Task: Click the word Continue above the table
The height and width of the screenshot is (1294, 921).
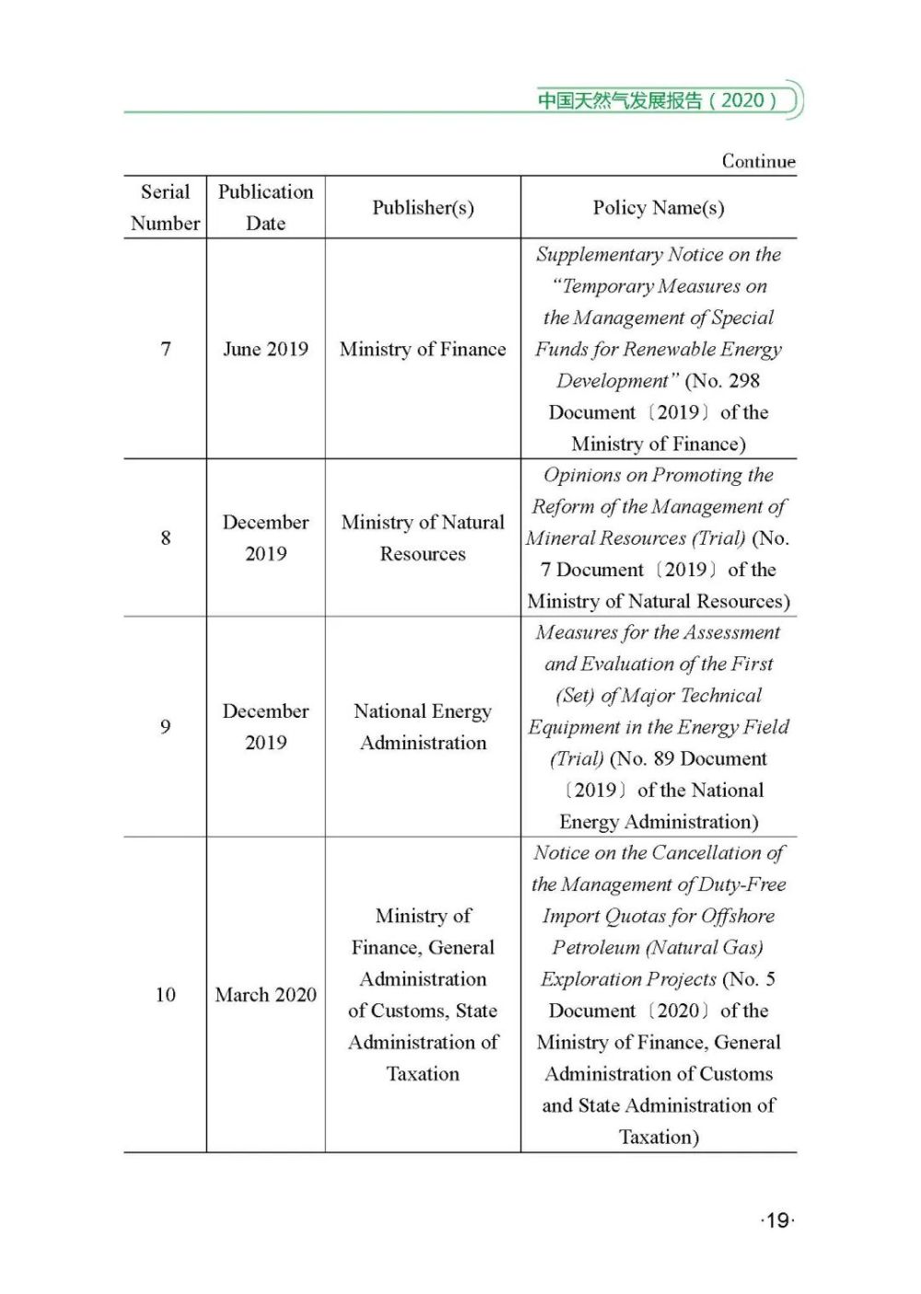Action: (758, 161)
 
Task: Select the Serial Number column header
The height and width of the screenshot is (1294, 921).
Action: (165, 207)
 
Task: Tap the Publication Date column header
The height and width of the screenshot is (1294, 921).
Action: (265, 207)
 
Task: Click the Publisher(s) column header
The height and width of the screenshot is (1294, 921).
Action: (423, 208)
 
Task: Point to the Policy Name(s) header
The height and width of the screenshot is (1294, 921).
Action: (659, 208)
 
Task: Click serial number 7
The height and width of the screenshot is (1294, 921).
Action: (166, 349)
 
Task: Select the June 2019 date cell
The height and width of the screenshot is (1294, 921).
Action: (265, 349)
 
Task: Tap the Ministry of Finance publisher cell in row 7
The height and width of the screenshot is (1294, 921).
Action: (423, 349)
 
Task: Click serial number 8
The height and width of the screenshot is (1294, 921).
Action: (166, 537)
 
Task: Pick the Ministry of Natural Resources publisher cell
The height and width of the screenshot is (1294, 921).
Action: (423, 537)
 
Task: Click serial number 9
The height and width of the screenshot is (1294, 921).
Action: (166, 727)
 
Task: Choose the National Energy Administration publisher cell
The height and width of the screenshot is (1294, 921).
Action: (423, 727)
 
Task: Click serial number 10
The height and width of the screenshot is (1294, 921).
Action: (166, 995)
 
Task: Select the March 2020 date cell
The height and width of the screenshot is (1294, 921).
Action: (265, 995)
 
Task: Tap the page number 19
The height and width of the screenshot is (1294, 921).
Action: (777, 1220)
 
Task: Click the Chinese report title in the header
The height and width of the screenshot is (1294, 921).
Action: (658, 100)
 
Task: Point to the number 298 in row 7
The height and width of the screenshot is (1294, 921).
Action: (744, 381)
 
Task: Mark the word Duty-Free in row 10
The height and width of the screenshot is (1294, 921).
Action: (742, 885)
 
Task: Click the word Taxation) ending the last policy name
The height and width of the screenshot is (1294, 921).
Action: (659, 1138)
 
